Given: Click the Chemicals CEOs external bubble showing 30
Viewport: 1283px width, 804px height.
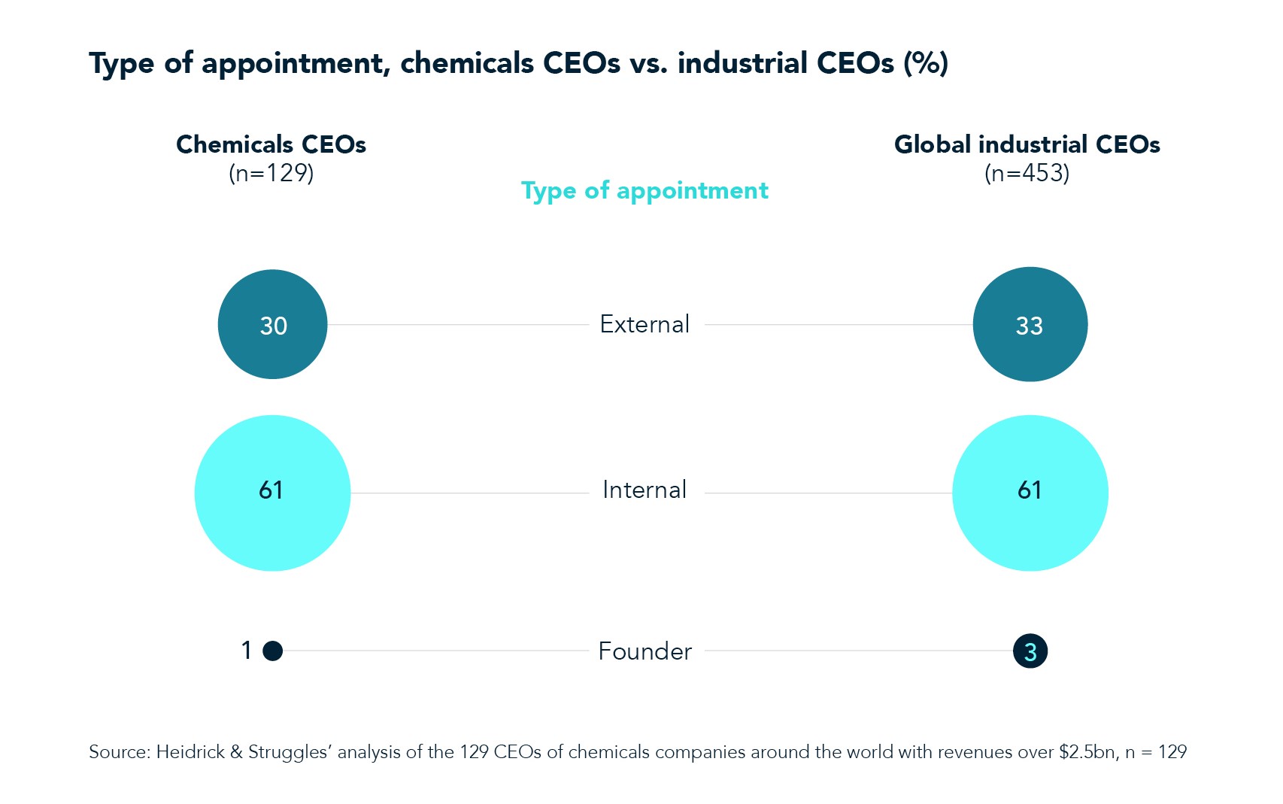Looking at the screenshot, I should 272,324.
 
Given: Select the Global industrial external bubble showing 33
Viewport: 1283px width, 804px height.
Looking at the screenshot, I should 1030,324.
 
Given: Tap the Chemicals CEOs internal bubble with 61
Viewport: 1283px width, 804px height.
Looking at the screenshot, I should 272,493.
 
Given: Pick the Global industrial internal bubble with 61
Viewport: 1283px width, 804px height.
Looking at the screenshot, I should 1030,493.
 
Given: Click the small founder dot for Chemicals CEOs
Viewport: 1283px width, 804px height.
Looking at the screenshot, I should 273,651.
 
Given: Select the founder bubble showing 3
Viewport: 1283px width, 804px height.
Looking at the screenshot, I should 1030,651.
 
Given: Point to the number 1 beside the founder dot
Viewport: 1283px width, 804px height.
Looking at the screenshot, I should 246,651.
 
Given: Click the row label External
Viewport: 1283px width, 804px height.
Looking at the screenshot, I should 645,324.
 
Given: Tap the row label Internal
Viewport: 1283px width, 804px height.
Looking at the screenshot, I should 645,490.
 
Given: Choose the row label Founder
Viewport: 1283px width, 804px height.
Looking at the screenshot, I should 645,651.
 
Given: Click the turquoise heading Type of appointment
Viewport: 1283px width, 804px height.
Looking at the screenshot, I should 645,191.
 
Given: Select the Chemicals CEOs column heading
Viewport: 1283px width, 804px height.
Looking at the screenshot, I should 271,144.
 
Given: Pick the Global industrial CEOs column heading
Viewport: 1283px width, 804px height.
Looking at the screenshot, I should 1027,144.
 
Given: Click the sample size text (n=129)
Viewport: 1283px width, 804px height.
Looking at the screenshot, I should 271,174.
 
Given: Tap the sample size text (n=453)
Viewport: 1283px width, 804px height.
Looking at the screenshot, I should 1027,174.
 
